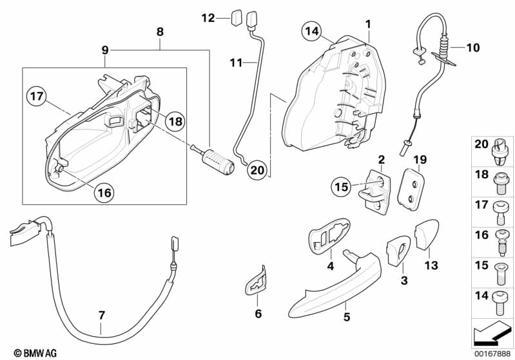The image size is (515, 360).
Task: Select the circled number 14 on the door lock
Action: click(x=312, y=30)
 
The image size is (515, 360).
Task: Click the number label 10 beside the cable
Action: click(x=473, y=47)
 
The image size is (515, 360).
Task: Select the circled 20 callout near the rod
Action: click(x=258, y=170)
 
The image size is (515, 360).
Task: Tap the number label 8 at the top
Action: click(x=160, y=31)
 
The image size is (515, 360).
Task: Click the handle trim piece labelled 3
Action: click(x=396, y=251)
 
